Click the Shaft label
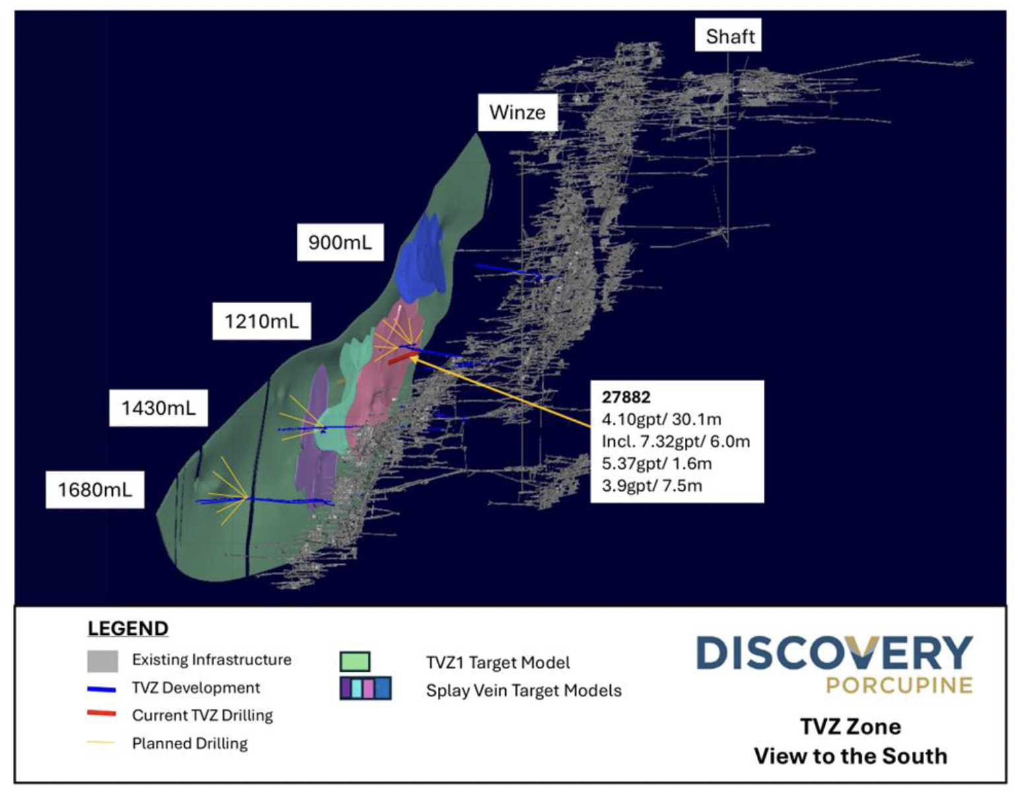729,36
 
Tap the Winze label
517,112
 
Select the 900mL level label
340,242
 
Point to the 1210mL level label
262,322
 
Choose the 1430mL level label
158,408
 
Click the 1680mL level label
95,490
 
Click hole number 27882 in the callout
625,397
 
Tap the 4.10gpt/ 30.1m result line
661,419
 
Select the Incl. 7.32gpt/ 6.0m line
676,441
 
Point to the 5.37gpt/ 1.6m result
656,464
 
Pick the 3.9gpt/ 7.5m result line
652,486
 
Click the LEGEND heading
128,628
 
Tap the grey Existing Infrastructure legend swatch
102,661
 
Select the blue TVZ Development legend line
102,689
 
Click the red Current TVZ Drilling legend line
102,714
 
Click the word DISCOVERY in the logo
834,653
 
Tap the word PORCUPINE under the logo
899,685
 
